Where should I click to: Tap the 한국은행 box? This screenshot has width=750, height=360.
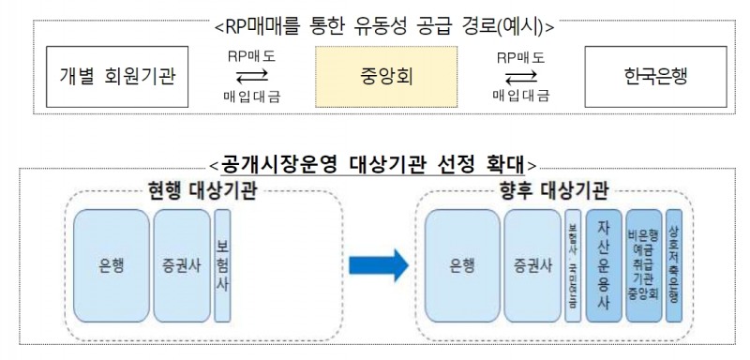(x=653, y=76)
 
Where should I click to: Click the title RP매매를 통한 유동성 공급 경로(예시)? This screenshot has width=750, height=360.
(x=383, y=26)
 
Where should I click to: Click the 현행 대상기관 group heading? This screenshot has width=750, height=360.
(x=204, y=191)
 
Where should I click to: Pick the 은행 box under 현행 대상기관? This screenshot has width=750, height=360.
(x=112, y=266)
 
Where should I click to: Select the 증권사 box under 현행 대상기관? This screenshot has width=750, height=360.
(x=180, y=266)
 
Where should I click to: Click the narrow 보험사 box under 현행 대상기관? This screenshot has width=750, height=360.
(x=222, y=266)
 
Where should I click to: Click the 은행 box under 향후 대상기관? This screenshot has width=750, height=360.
(x=460, y=266)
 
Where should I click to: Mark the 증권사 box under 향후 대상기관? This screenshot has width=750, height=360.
(x=532, y=266)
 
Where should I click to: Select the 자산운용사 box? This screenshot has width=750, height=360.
(x=603, y=266)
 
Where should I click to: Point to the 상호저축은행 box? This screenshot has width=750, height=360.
(x=675, y=266)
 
